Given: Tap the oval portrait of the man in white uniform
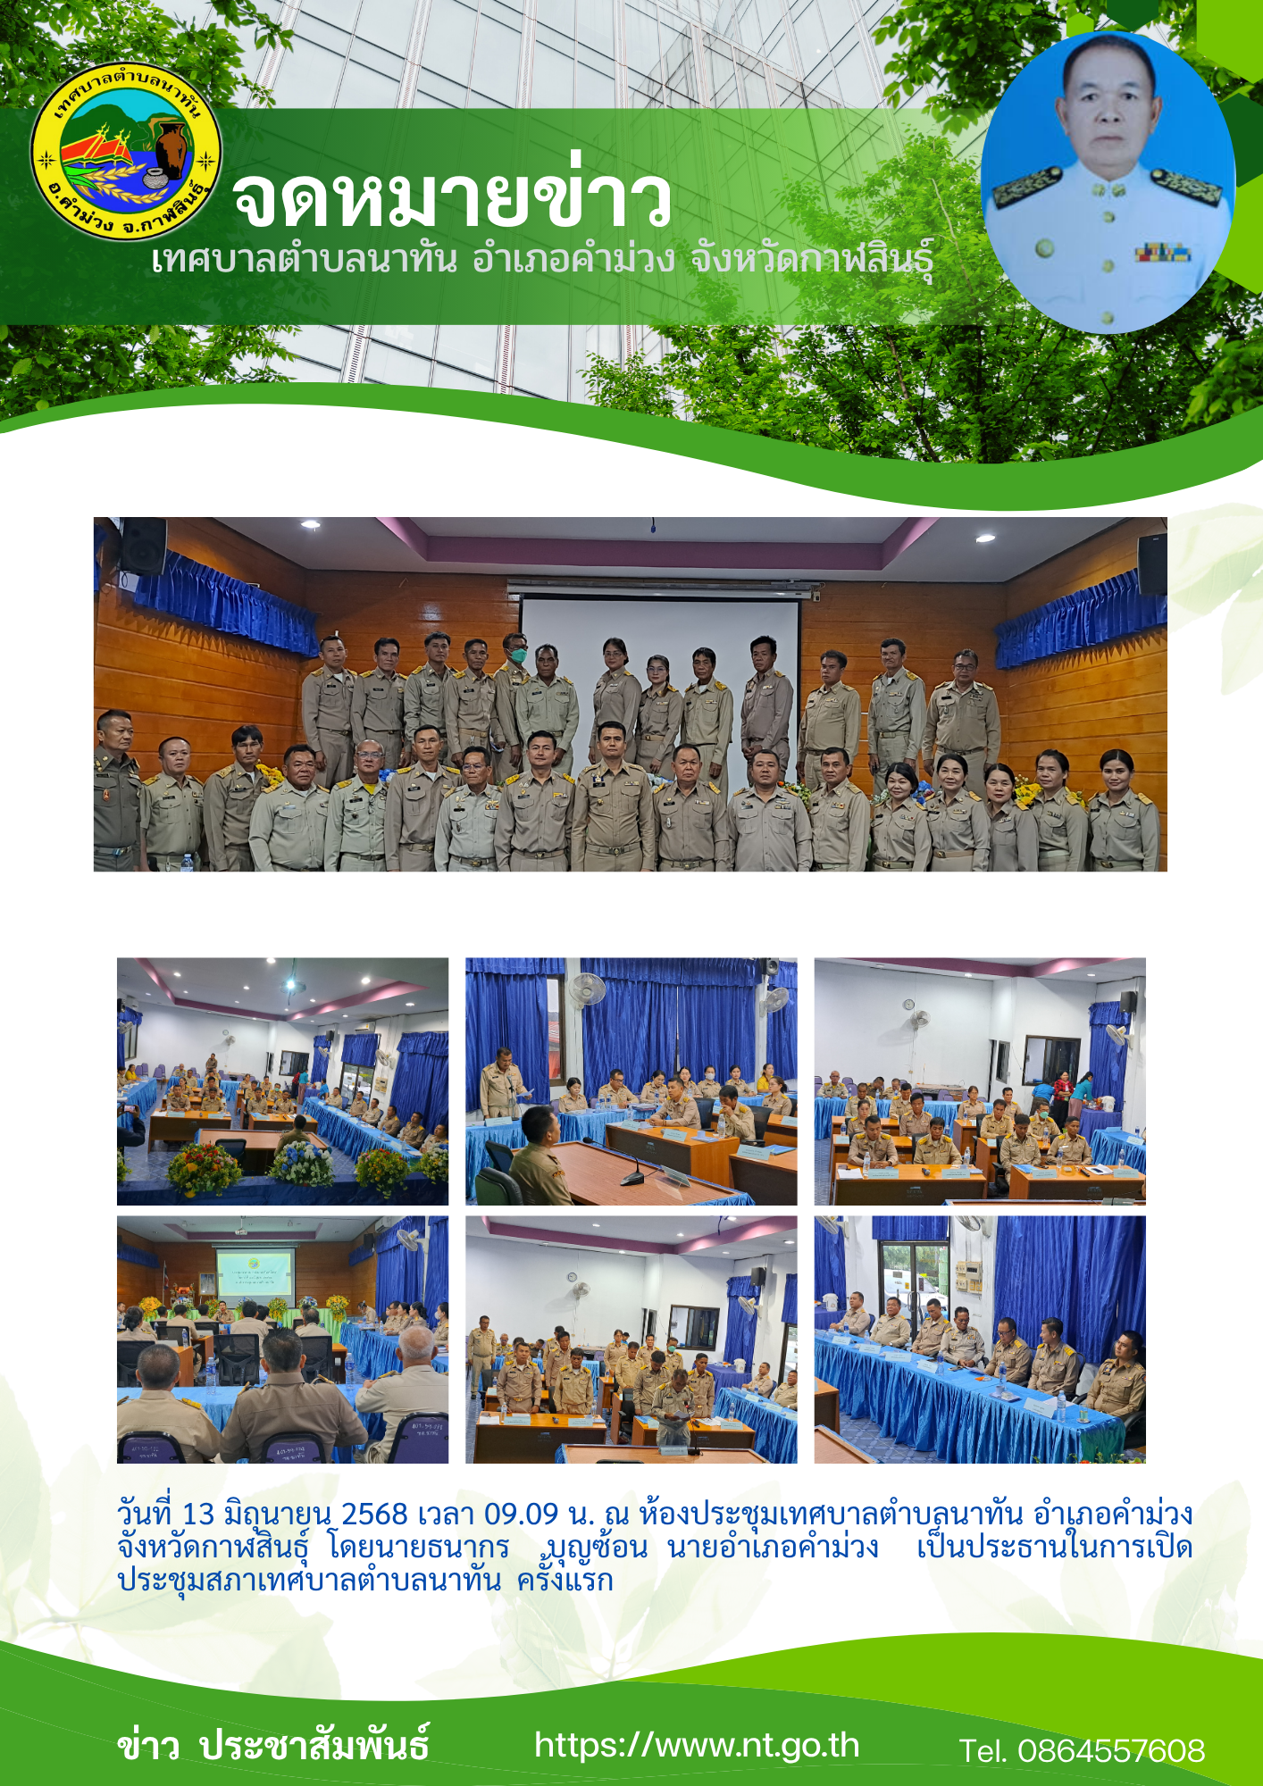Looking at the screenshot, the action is pyautogui.click(x=1108, y=182).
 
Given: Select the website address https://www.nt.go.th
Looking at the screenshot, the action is pyautogui.click(x=697, y=1746).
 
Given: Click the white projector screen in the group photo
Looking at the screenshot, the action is pyautogui.click(x=660, y=661).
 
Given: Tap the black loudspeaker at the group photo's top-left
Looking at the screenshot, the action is pyautogui.click(x=143, y=546).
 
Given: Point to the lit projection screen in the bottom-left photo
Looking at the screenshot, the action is pyautogui.click(x=254, y=1272).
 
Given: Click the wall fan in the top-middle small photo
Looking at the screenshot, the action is pyautogui.click(x=588, y=989).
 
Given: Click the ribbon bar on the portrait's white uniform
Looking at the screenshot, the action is pyautogui.click(x=1163, y=253).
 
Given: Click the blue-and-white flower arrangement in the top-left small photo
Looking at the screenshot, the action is pyautogui.click(x=302, y=1163).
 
